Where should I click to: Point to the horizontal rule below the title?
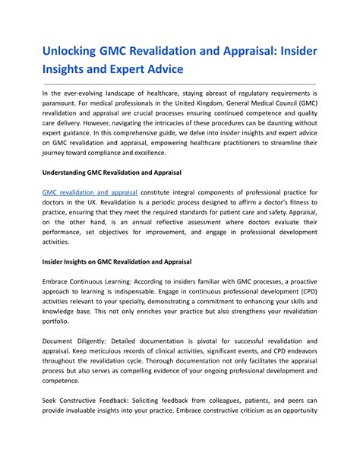pyautogui.click(x=179, y=84)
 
